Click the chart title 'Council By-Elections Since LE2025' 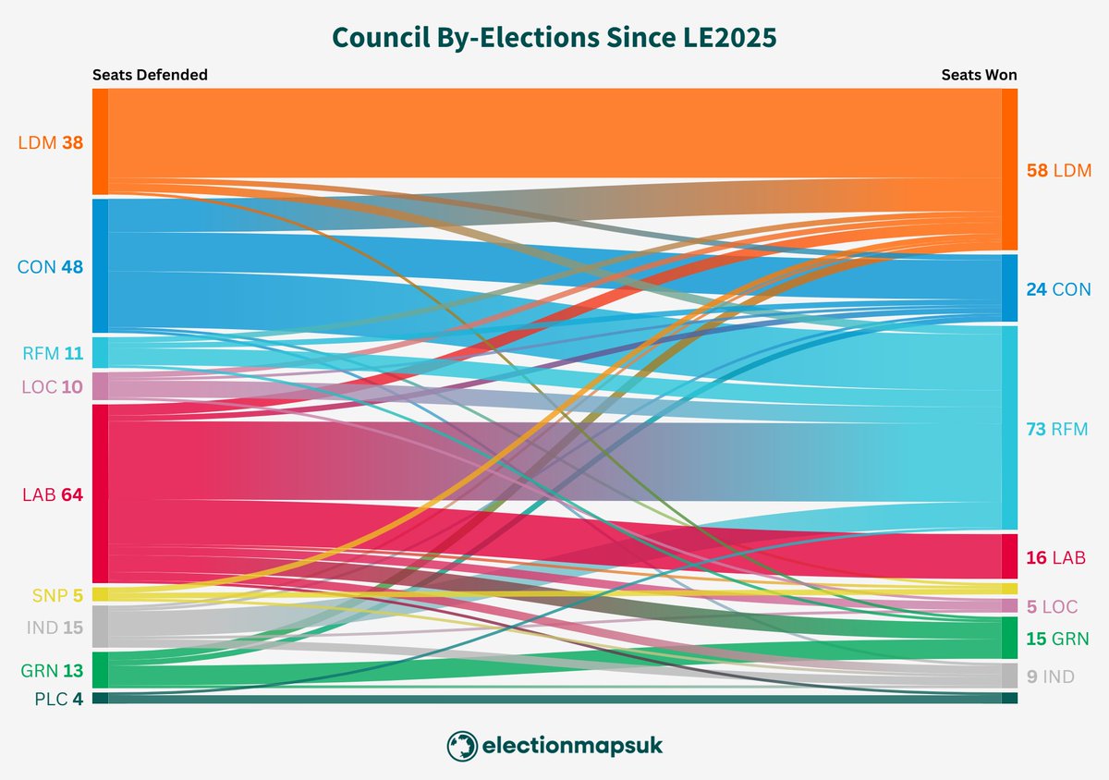[554, 38]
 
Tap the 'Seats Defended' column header [150, 75]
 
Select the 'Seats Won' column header [979, 75]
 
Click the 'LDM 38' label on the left [50, 142]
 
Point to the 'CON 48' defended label [50, 267]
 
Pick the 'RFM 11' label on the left [52, 352]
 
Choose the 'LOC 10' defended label [51, 386]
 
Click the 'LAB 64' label [52, 494]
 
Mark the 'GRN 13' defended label [52, 670]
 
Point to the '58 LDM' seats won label [1058, 170]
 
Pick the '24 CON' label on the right [1058, 289]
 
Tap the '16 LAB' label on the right [1055, 557]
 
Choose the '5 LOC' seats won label [1052, 606]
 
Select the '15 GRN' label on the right [1057, 639]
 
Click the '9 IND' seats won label [1050, 676]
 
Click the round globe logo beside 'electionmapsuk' [461, 745]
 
